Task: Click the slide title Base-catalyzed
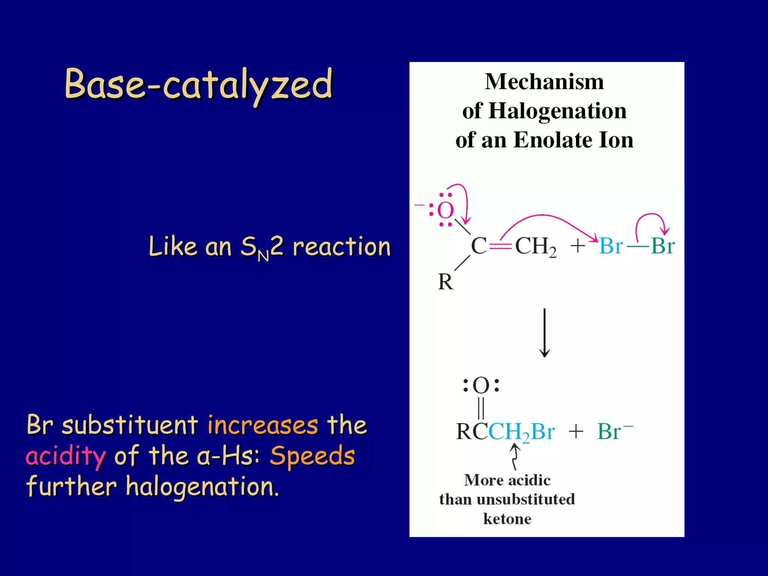(199, 85)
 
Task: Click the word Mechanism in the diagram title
(544, 82)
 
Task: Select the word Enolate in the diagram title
(553, 140)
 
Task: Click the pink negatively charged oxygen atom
(445, 210)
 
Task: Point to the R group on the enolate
(445, 282)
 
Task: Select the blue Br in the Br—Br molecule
(611, 246)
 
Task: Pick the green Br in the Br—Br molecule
(663, 246)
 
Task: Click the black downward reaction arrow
(544, 332)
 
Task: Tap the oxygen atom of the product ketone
(481, 385)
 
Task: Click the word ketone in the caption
(507, 519)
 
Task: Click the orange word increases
(262, 425)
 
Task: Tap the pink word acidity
(66, 456)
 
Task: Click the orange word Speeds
(312, 456)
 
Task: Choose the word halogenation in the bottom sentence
(202, 487)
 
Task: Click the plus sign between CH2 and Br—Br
(578, 246)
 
